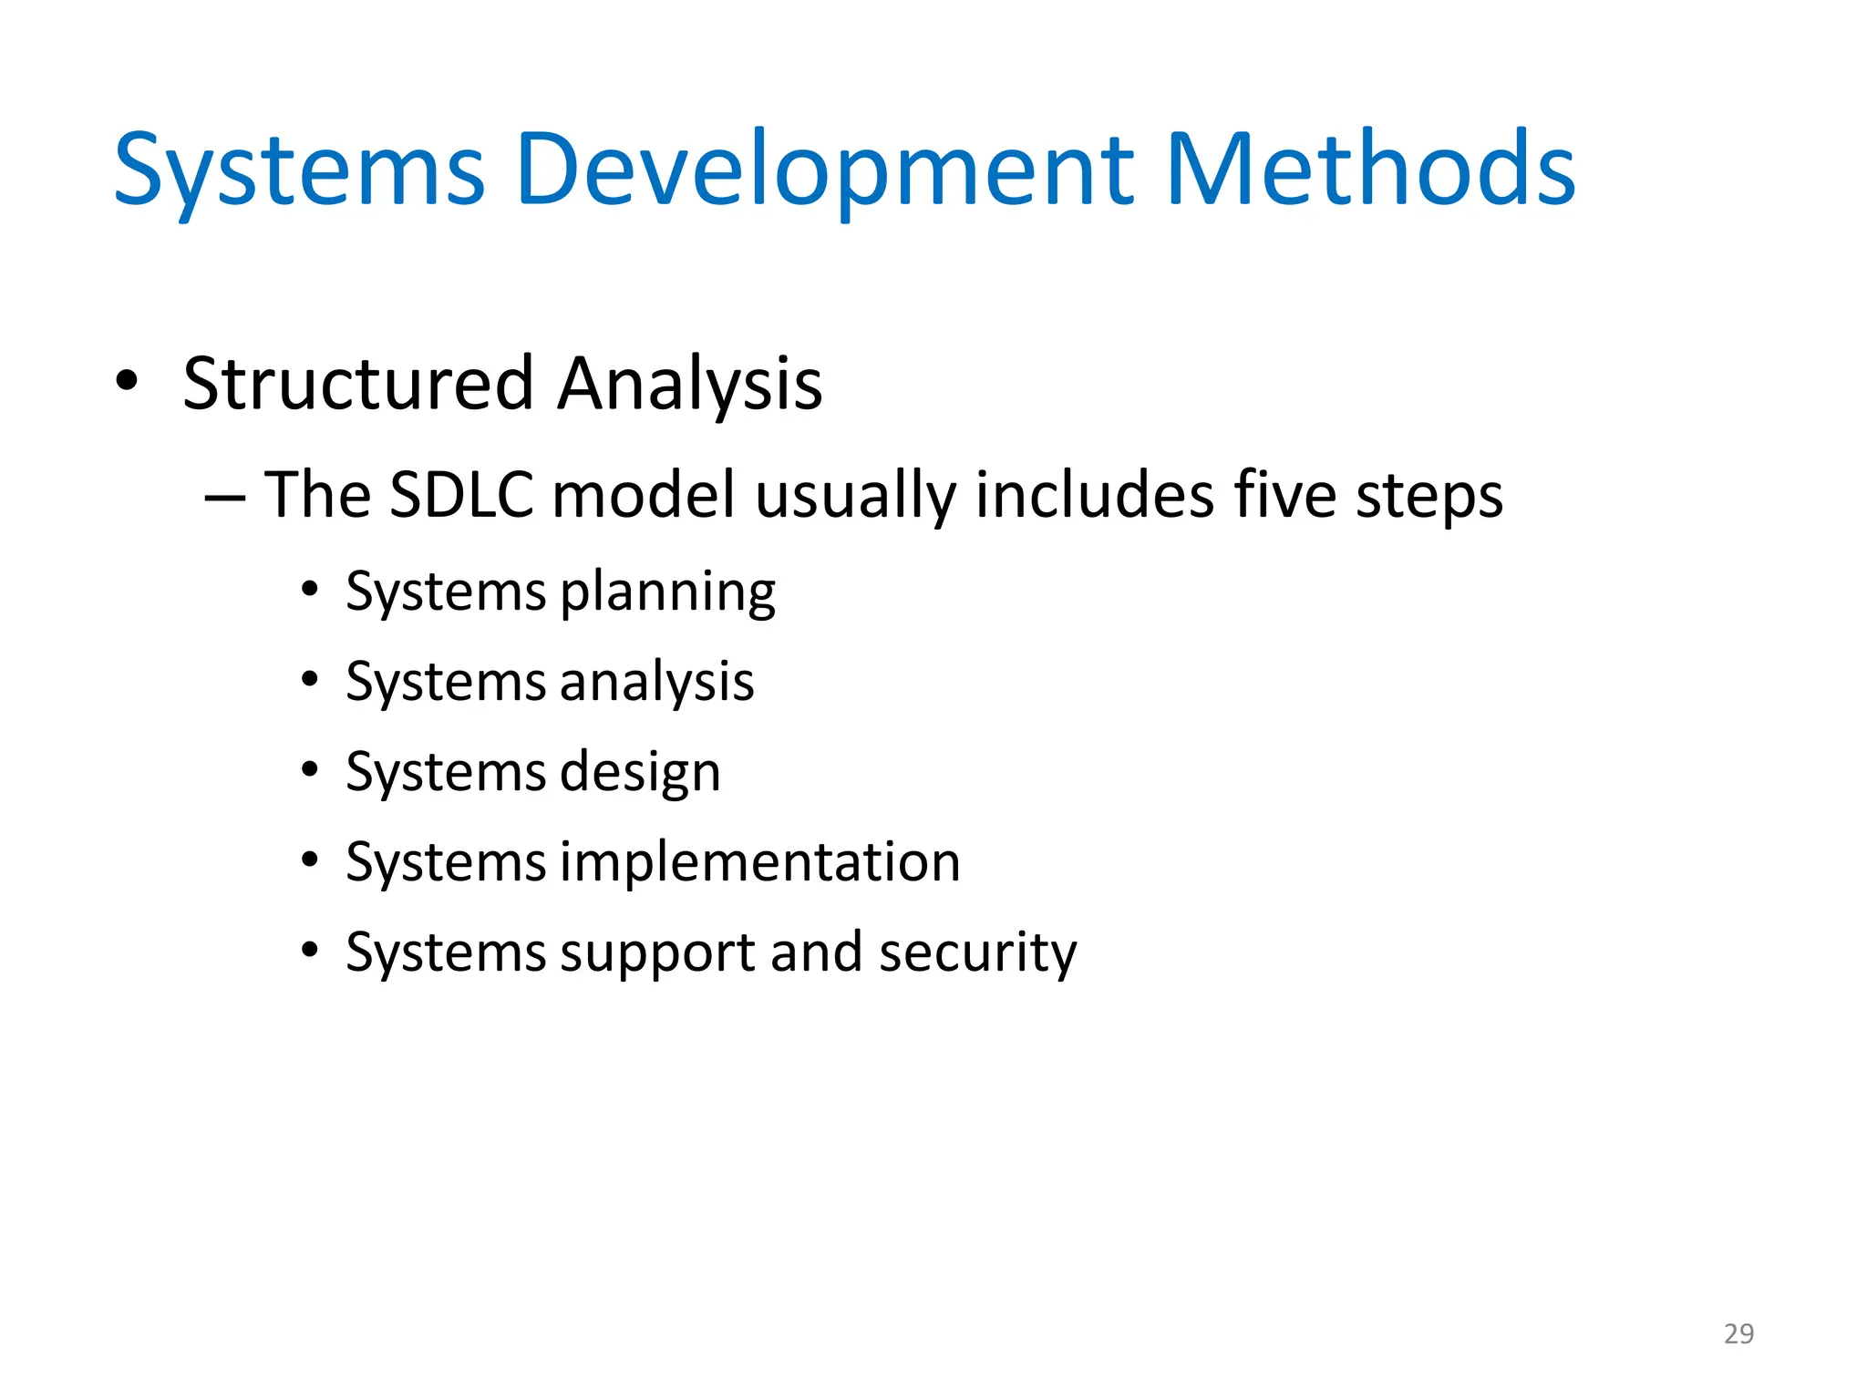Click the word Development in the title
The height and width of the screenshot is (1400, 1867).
tap(824, 170)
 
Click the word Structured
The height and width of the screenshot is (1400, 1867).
tap(357, 384)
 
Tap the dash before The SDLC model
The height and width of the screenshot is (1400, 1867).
tap(224, 498)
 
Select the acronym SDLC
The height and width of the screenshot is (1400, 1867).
tap(461, 495)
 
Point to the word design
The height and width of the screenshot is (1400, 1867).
tap(639, 774)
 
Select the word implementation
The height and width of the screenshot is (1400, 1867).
tap(759, 862)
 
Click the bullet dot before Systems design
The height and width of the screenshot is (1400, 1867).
tap(310, 770)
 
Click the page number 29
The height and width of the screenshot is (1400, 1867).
tap(1738, 1333)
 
